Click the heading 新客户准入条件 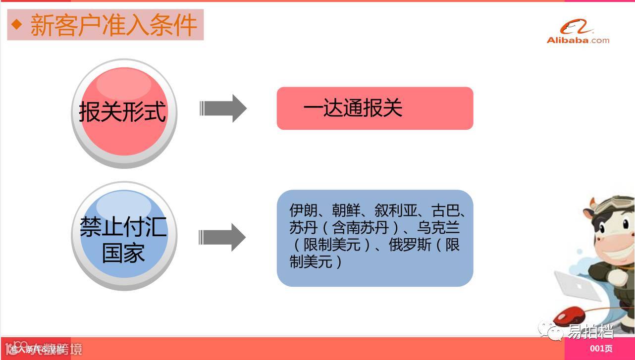click(113, 25)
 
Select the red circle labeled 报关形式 click(123, 112)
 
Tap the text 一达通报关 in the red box click(353, 108)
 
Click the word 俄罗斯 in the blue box click(410, 245)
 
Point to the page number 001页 click(601, 349)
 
